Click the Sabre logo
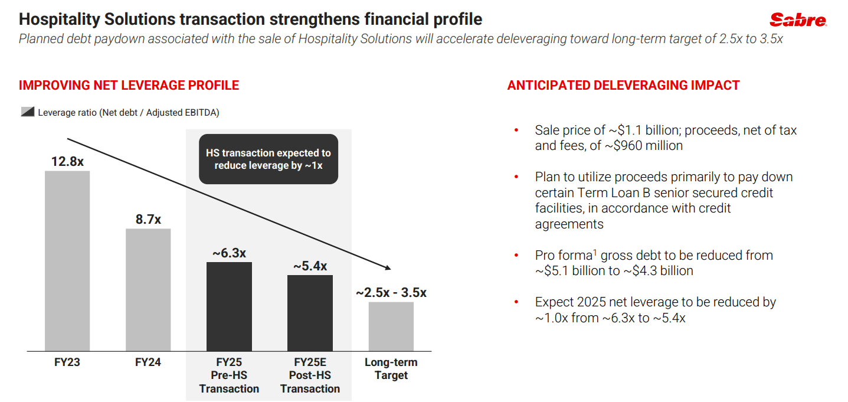pos(798,20)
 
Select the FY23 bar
pos(67,260)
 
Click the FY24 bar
pos(148,289)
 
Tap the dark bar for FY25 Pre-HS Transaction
pos(229,306)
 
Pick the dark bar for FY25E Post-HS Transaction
pos(310,313)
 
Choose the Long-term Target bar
pos(391,326)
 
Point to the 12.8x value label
pos(67,161)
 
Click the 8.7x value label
pos(148,219)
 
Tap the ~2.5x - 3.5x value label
pos(391,293)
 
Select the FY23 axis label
pos(67,362)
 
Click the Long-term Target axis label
pos(391,369)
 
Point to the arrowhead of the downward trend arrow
pos(387,267)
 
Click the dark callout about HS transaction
pos(268,159)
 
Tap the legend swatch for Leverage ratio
pos(27,112)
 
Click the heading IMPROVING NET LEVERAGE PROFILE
pos(129,86)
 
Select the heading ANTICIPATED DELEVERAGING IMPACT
pos(623,86)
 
